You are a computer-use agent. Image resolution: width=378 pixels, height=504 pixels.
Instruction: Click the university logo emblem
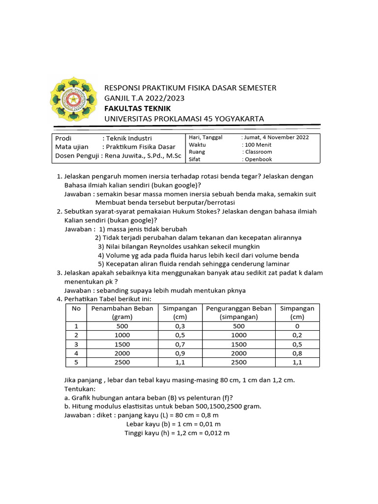tap(72, 100)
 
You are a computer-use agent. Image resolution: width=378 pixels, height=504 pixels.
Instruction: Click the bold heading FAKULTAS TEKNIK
tap(137, 108)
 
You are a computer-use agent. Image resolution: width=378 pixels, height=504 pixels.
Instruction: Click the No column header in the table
tap(76, 308)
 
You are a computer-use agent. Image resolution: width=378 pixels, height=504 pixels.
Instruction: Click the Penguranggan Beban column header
tap(239, 308)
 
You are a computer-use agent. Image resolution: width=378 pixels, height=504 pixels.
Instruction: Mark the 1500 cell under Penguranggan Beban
tap(239, 344)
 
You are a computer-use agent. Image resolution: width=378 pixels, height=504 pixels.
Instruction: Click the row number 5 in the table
tap(76, 362)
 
